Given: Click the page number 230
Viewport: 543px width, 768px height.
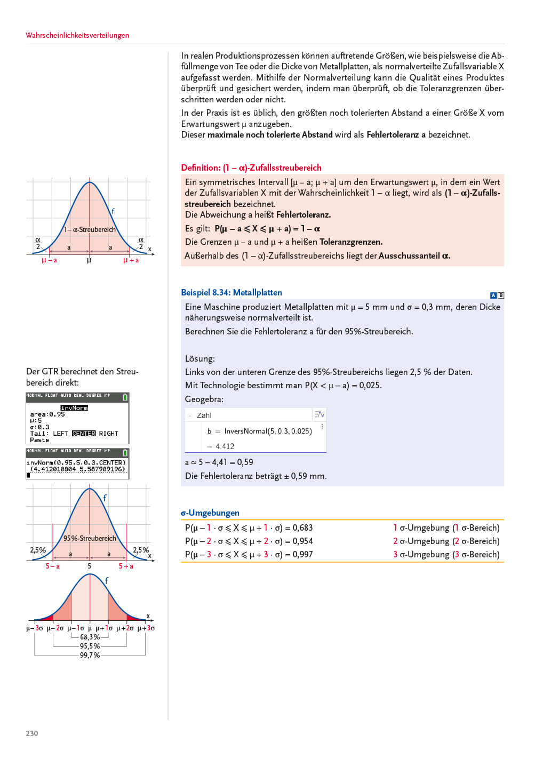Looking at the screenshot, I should click(32, 733).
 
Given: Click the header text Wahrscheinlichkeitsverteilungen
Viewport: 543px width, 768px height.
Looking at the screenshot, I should click(77, 35).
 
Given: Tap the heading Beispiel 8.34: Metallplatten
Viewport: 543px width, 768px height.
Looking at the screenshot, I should click(231, 292).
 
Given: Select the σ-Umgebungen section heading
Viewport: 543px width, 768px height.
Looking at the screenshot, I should click(210, 513).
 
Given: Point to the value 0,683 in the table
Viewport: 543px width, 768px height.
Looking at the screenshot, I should click(302, 527).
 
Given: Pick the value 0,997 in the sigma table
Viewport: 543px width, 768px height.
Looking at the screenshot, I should click(302, 554).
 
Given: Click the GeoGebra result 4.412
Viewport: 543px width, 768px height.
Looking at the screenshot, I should click(225, 446).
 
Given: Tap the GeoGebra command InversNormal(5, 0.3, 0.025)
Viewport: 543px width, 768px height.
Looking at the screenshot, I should click(268, 431).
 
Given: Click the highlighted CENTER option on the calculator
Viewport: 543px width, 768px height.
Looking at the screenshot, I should click(84, 434).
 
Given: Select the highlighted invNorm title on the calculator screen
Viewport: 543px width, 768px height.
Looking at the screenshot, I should click(74, 408).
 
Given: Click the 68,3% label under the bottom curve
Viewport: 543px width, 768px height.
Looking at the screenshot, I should click(90, 637).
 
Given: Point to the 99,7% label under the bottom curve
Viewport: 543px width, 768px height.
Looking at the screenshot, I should click(90, 655).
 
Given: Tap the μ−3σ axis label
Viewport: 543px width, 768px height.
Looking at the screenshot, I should click(35, 628).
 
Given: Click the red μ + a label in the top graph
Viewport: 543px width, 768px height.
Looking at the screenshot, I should click(131, 260).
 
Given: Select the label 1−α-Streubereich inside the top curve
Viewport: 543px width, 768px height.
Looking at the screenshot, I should click(90, 230).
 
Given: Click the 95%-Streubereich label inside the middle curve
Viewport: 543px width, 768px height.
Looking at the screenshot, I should click(90, 538).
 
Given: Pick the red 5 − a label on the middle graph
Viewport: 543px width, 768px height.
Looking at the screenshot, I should click(52, 566).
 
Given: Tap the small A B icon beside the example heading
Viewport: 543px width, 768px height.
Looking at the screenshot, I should click(497, 295).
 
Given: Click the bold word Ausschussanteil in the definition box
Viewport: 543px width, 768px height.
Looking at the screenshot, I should click(409, 255).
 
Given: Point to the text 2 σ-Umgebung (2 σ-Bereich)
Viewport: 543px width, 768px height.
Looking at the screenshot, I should click(446, 541).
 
